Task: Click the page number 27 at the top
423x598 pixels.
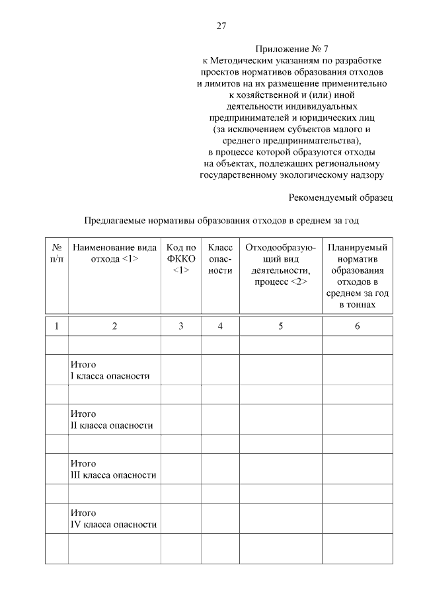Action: [x=221, y=26]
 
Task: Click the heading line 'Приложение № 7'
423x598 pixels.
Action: [x=291, y=49]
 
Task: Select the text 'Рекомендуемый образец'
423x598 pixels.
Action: [x=341, y=197]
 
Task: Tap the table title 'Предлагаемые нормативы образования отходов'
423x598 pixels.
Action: [x=221, y=220]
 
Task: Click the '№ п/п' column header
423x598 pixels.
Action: [x=57, y=253]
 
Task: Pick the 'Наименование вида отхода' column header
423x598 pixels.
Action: [x=114, y=253]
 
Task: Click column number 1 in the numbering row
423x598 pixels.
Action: [x=57, y=326]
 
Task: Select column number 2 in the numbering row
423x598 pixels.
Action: [x=114, y=326]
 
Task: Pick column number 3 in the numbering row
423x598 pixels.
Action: [x=180, y=326]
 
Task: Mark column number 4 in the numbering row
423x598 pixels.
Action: [x=220, y=326]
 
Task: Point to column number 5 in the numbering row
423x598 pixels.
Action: [x=281, y=326]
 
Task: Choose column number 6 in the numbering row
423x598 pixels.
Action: [x=357, y=326]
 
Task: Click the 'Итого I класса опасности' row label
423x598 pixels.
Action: [x=110, y=371]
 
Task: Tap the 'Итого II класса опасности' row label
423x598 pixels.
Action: [x=111, y=420]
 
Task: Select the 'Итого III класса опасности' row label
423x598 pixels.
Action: [x=113, y=469]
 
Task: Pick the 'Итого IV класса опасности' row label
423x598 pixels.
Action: [x=113, y=519]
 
